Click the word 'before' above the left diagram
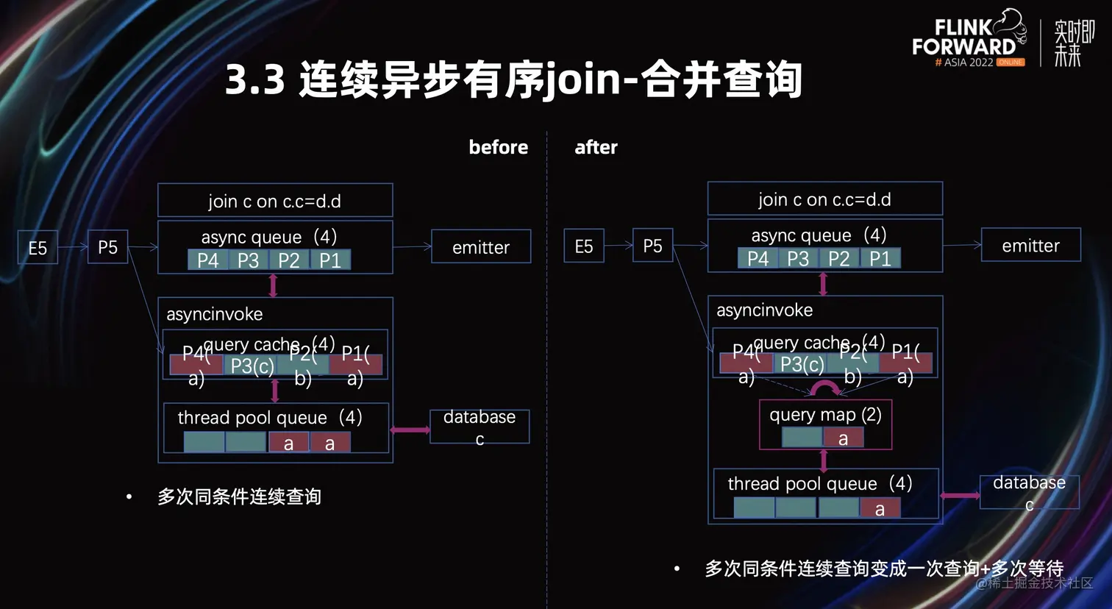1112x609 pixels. (498, 147)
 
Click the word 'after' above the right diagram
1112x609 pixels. (596, 147)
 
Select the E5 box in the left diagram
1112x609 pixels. (38, 248)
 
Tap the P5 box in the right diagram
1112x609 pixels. (652, 246)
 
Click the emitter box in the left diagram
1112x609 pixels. (481, 247)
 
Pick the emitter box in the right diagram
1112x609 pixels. (1030, 246)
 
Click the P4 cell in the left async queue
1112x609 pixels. (207, 260)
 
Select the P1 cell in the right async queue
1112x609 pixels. (880, 259)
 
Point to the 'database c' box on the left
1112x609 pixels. (480, 427)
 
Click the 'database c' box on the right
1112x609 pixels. (1029, 492)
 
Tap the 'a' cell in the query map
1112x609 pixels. (844, 438)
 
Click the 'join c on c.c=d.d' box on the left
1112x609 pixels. (275, 201)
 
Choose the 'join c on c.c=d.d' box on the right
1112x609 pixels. (824, 199)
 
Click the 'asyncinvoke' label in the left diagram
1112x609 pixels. (214, 314)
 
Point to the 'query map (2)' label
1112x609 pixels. (825, 415)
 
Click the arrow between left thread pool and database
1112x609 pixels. (410, 430)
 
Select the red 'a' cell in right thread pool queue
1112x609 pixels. (880, 509)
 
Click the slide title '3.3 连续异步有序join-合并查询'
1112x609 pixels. (513, 79)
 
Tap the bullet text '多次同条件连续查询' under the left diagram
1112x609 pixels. (239, 496)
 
